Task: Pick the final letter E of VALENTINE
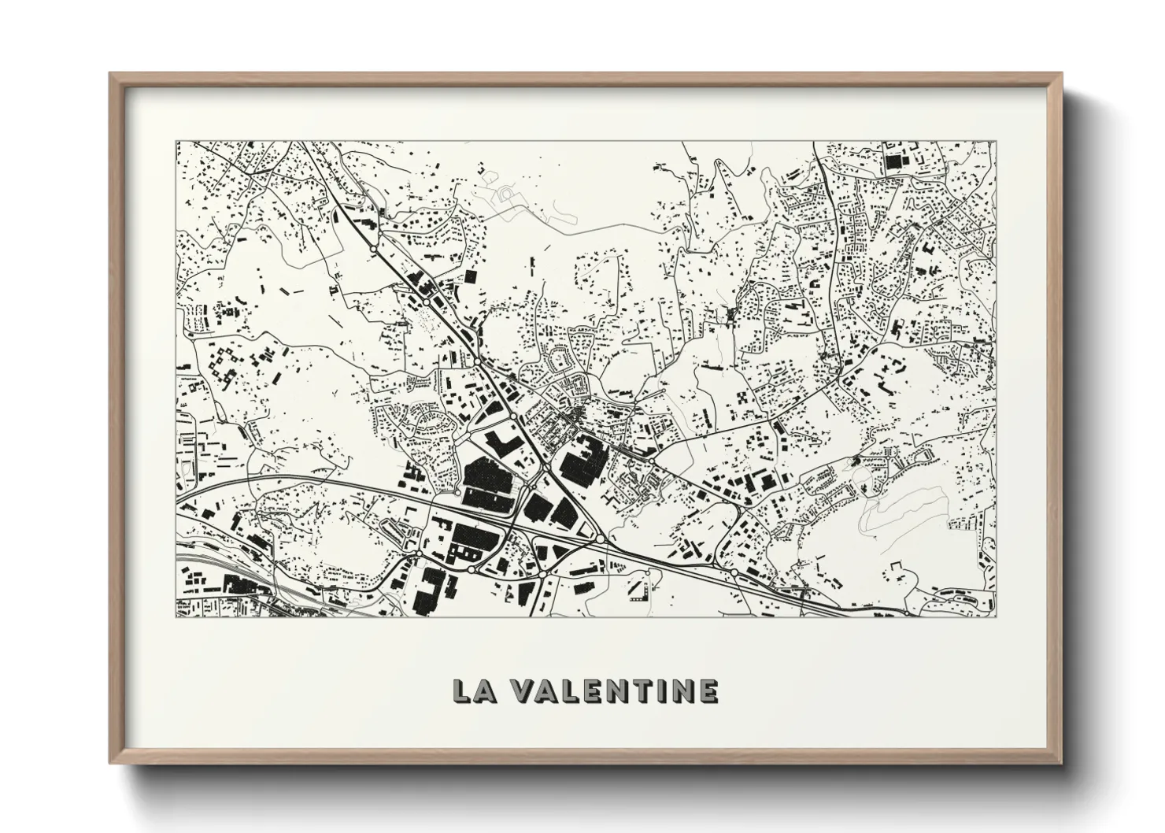[x=706, y=690]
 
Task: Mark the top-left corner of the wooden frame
[x=111, y=74]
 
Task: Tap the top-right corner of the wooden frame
[x=1060, y=74]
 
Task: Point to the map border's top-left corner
[x=176, y=142]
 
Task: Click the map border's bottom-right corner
[x=996, y=616]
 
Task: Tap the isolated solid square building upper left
[x=471, y=276]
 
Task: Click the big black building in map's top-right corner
[x=893, y=162]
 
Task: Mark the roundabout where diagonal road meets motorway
[x=601, y=539]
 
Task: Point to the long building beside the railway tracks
[x=240, y=585]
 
